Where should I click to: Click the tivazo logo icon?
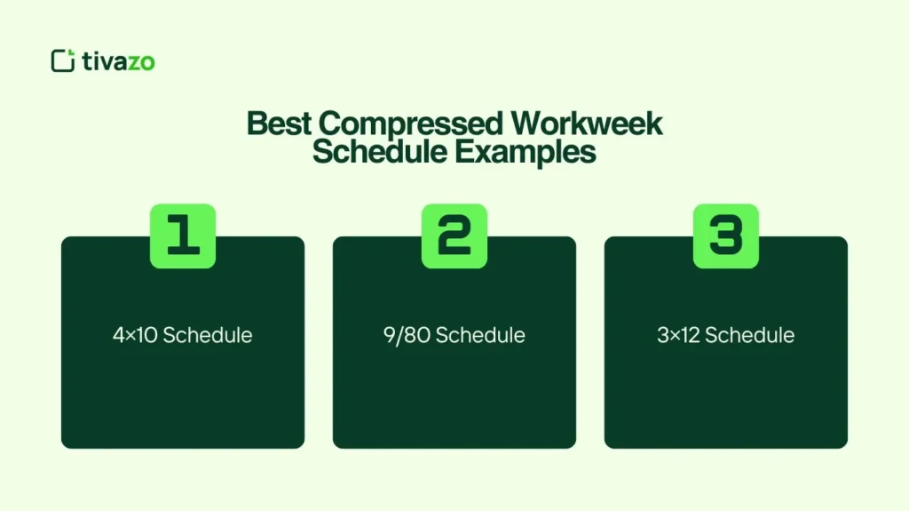[x=63, y=60]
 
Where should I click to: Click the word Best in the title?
[x=274, y=124]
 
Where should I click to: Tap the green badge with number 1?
[x=182, y=236]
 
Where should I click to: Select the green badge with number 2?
[x=454, y=236]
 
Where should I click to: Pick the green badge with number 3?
[x=725, y=236]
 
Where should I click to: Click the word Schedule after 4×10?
[x=209, y=335]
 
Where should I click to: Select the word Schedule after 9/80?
[x=480, y=335]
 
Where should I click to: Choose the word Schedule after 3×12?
[x=750, y=335]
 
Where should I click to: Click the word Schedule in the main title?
[x=380, y=152]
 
